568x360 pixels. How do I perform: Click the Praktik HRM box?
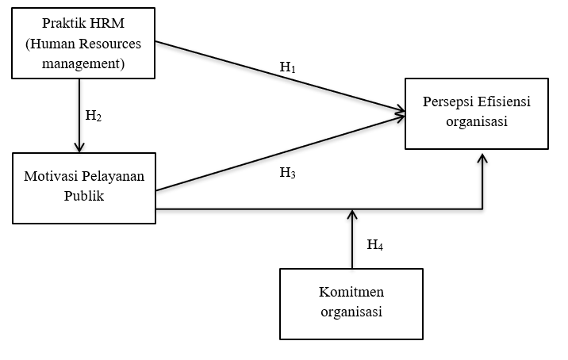pos(84,43)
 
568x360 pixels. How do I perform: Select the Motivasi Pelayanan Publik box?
pos(84,188)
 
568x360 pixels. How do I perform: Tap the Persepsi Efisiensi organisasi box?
pos(477,113)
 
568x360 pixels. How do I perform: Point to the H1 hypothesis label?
pos(287,67)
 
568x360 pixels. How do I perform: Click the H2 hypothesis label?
pos(94,116)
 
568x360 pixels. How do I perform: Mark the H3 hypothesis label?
pos(287,172)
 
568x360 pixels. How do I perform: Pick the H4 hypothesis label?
pos(375,245)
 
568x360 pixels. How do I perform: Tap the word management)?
pos(84,62)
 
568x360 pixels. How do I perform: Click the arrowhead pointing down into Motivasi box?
pos(79,147)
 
